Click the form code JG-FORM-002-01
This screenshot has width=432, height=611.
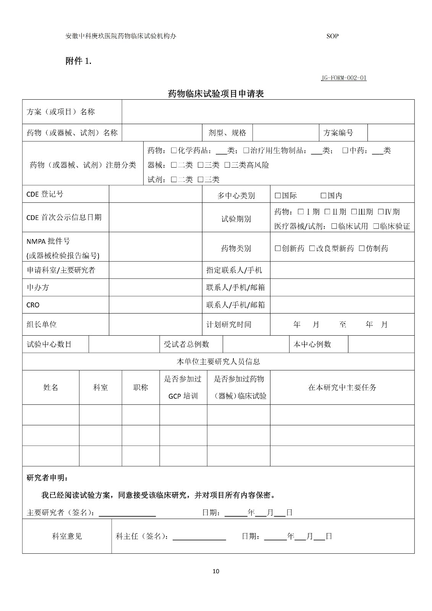(344, 78)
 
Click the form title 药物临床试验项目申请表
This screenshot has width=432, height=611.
(216, 94)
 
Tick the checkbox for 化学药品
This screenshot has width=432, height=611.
(174, 151)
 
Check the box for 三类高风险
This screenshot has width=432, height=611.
(227, 165)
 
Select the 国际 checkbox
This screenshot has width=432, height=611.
(278, 196)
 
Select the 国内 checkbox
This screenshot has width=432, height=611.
(323, 196)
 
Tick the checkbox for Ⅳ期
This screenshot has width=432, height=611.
(380, 212)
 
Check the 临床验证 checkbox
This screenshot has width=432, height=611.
(376, 226)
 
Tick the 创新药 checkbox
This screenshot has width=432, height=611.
(278, 249)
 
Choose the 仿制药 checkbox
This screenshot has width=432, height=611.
(362, 249)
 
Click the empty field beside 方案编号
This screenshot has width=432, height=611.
(391, 133)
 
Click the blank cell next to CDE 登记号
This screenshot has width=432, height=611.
(155, 194)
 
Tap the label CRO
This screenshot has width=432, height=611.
(33, 305)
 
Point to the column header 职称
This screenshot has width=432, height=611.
(141, 388)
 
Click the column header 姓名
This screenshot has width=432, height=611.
(51, 388)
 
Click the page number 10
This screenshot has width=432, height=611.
(216, 571)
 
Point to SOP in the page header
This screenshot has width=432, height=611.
(332, 36)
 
